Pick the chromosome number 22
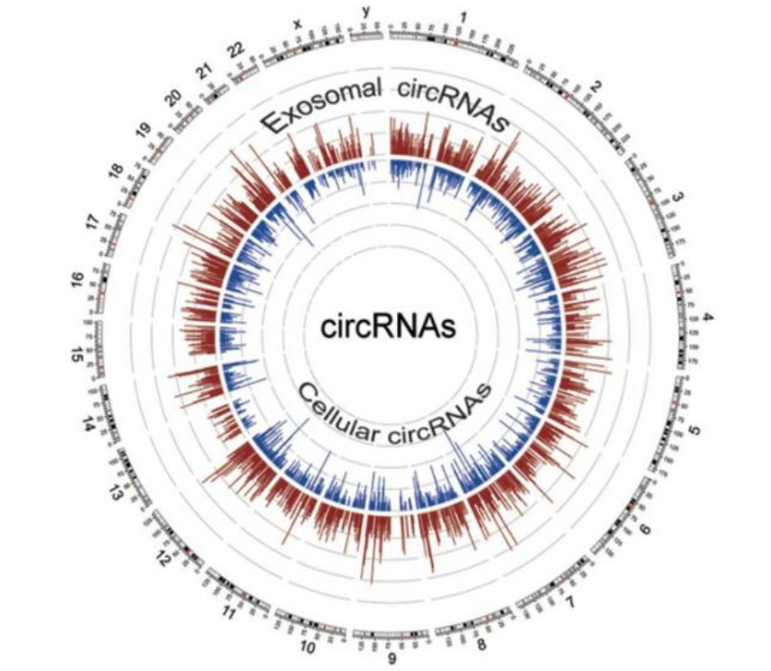tap(234, 51)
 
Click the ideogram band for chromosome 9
tap(392, 634)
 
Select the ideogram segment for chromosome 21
tap(212, 98)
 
